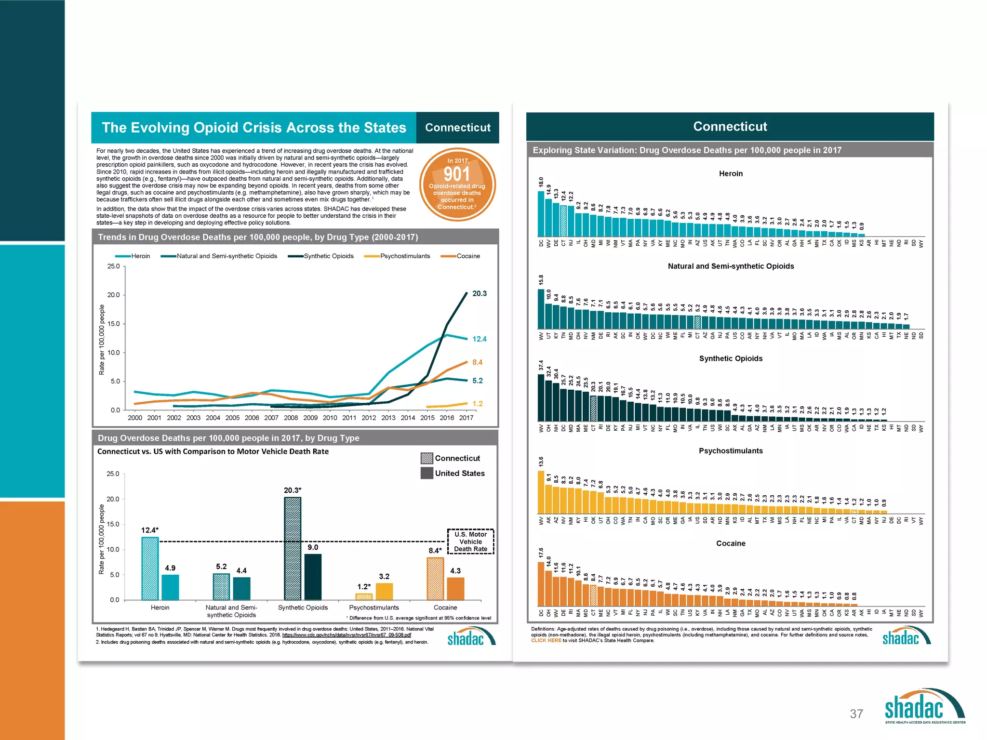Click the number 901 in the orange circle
pos(456,174)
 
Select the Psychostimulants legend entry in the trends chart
pos(404,256)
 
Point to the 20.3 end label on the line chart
pos(480,293)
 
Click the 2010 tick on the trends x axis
pos(330,418)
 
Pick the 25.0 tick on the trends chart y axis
pos(113,266)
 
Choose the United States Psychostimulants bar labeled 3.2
pos(384,592)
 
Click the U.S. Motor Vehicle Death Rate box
pos(470,542)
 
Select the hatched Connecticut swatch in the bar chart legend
pos(427,458)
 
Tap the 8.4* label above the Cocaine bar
pos(435,551)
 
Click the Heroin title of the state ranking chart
pos(731,173)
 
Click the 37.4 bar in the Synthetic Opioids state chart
pos(541,397)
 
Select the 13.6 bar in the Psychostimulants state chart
pos(541,492)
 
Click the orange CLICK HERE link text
pos(546,641)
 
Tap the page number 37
pos(856,714)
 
